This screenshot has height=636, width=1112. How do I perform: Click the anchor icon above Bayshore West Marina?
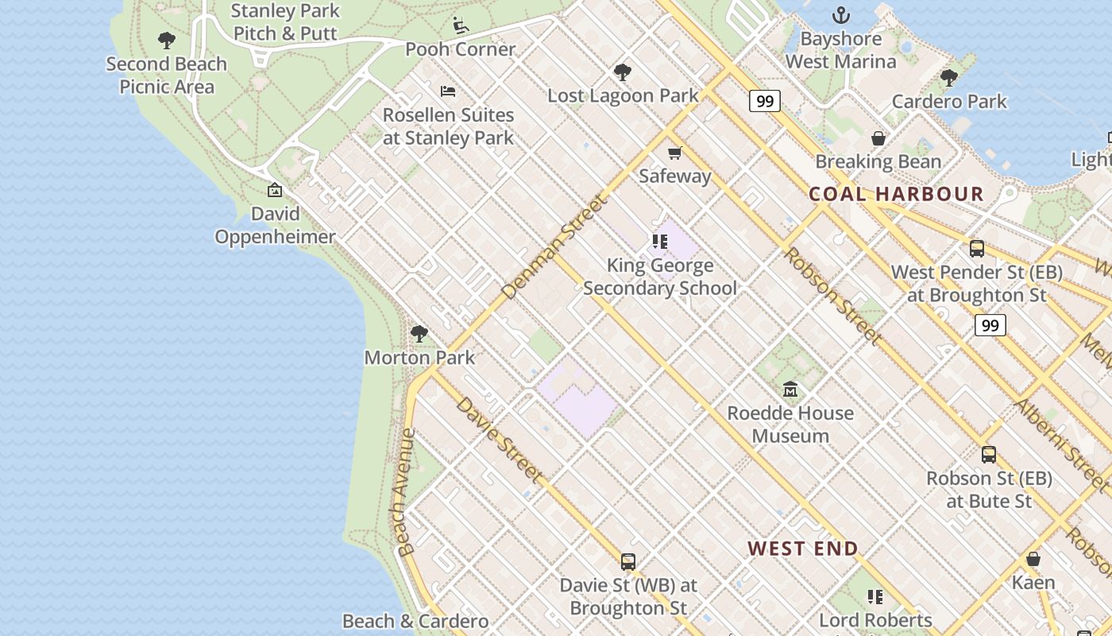point(840,15)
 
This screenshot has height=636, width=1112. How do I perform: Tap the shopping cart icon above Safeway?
point(674,153)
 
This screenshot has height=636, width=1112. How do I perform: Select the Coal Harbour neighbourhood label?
point(896,194)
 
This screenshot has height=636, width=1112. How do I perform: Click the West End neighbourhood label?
point(803,549)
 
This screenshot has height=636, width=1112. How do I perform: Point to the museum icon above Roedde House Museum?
point(790,390)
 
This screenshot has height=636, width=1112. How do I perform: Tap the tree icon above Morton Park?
point(419,334)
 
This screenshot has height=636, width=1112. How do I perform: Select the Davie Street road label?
point(500,440)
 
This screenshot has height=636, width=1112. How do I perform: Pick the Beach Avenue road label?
point(406,493)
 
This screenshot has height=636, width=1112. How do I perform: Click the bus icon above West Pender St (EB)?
point(977,248)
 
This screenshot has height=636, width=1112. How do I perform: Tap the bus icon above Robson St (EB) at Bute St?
point(989,455)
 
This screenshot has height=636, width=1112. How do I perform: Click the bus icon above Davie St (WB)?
point(628,562)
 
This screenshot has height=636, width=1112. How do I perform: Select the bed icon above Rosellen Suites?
point(448,91)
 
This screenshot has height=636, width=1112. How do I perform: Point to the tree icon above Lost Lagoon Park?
point(623,72)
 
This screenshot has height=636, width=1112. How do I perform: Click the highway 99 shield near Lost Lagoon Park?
point(764,101)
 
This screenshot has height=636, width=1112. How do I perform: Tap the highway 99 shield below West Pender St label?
point(990,325)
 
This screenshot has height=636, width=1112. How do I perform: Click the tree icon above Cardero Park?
point(948,78)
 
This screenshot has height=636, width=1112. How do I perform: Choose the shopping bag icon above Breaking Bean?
point(878,138)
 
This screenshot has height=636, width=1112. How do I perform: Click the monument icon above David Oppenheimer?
point(275,190)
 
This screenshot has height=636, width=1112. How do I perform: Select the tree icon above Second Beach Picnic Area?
point(166,41)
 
